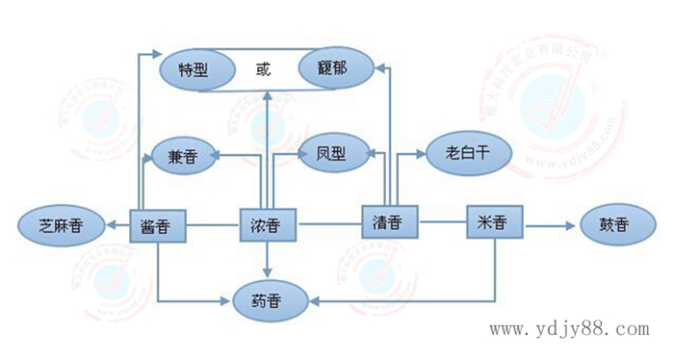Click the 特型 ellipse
199,69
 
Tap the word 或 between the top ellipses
266,69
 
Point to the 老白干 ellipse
467,151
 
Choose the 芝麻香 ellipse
61,226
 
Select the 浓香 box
267,226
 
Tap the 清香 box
388,222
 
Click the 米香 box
493,222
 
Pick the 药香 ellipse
272,298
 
